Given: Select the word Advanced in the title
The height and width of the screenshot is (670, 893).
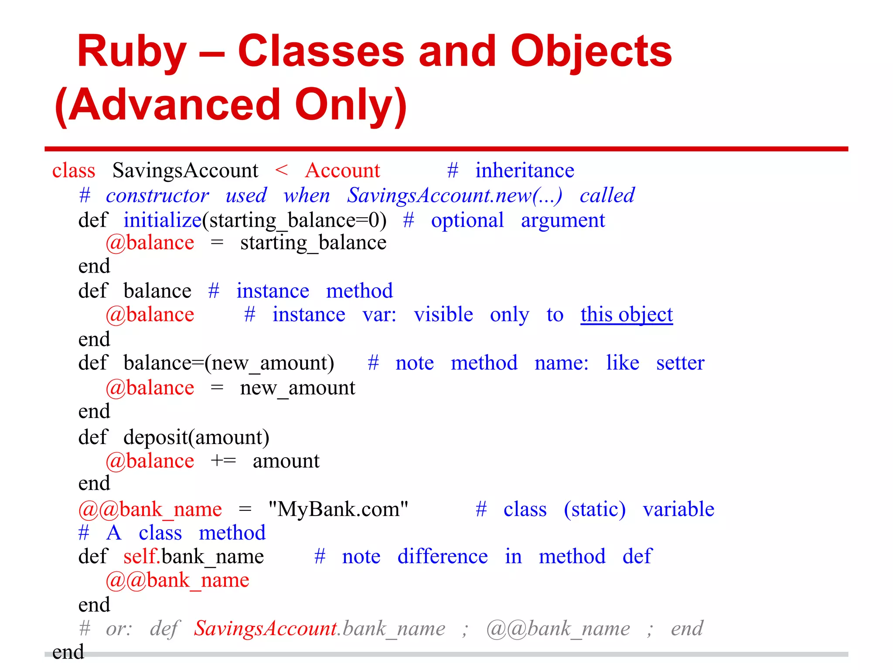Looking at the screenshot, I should [174, 105].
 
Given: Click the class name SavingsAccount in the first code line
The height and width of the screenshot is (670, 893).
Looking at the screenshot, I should [185, 171].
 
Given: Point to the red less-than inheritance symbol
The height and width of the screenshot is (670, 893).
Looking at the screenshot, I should [282, 171].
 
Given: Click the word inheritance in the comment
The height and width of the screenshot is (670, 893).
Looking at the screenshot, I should [525, 171].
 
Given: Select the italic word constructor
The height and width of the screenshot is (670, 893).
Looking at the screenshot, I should [157, 195].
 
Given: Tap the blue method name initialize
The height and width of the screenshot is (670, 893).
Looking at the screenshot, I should [163, 220].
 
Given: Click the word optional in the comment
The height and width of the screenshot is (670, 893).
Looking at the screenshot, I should [467, 220].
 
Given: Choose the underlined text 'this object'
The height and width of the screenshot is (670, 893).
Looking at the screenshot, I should [627, 314].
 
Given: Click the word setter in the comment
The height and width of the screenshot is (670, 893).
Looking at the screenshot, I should [680, 363].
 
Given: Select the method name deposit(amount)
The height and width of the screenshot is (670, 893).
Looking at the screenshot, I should [196, 437].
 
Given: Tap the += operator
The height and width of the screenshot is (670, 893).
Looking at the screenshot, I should [223, 461].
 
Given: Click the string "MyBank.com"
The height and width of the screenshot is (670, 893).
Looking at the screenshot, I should [338, 509].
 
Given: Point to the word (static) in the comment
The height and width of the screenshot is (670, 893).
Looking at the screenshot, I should [595, 509].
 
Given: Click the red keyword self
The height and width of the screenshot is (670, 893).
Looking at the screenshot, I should [140, 557].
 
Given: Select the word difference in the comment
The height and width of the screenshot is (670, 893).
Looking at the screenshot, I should [443, 557].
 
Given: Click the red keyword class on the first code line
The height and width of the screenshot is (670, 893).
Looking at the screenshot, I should [74, 171].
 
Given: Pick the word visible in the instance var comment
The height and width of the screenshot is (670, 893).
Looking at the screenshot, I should [443, 314].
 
